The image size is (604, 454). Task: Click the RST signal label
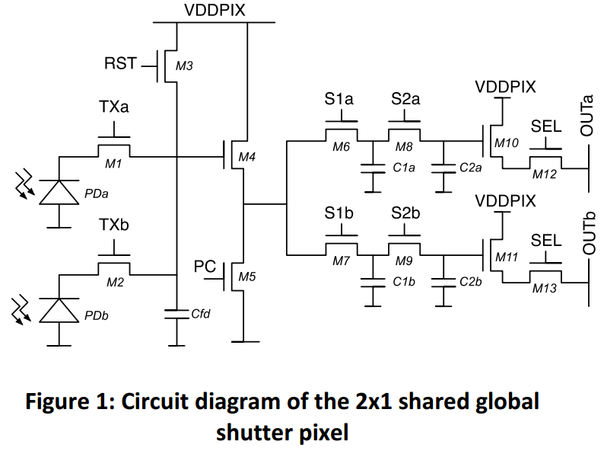[120, 63]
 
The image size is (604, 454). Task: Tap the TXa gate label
[113, 108]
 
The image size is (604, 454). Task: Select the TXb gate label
[113, 226]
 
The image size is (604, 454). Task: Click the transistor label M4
[246, 157]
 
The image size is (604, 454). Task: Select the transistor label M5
[246, 277]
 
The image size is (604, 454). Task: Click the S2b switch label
[405, 214]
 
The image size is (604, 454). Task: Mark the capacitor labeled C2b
[442, 282]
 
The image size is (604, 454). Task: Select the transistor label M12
[545, 174]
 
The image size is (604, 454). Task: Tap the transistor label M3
[184, 66]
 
